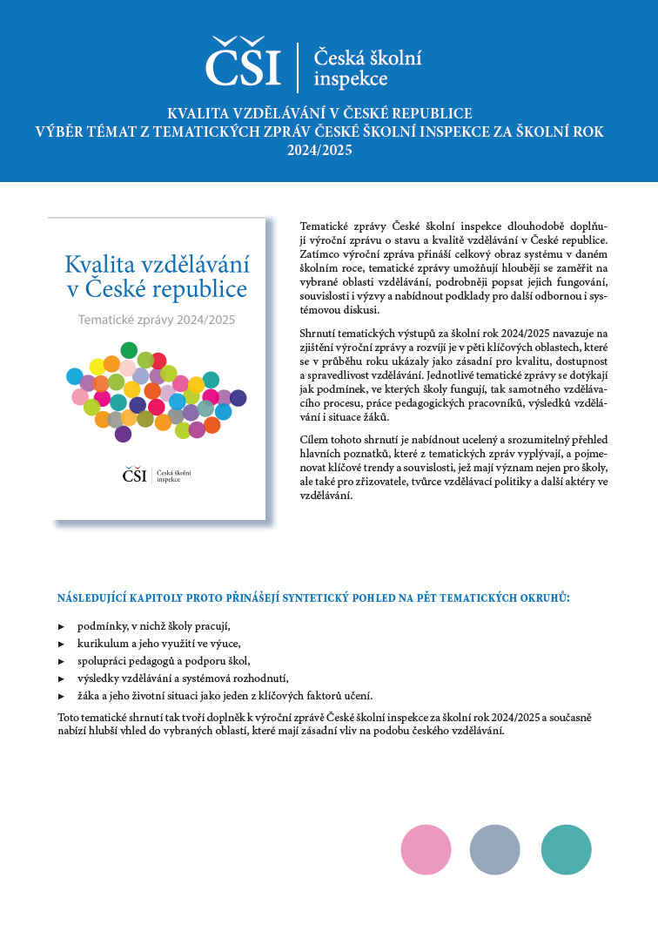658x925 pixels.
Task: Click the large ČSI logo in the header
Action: point(244,63)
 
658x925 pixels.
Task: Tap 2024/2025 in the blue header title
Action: point(328,150)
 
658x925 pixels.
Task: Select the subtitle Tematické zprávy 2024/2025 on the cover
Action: point(157,320)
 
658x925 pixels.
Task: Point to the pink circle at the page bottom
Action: point(426,848)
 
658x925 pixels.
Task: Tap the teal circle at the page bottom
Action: point(566,848)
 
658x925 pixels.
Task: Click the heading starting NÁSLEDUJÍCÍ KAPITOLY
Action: point(312,598)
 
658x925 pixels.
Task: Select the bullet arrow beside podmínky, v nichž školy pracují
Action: point(61,626)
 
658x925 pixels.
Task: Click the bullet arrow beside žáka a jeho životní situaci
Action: point(61,695)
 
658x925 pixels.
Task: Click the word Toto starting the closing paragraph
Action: point(68,717)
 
